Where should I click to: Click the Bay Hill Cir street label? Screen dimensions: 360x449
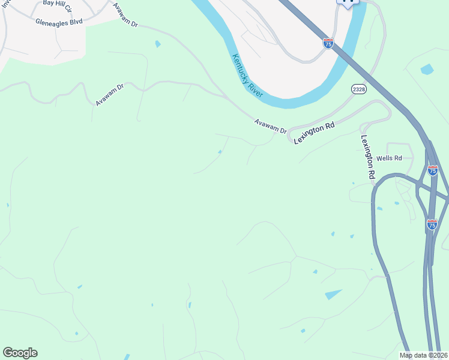pyautogui.click(x=58, y=7)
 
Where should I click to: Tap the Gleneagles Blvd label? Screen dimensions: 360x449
pyautogui.click(x=59, y=23)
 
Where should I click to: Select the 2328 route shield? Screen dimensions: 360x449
pyautogui.click(x=359, y=89)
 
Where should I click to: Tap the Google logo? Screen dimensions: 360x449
pyautogui.click(x=20, y=353)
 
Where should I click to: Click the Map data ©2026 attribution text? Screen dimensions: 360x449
pyautogui.click(x=424, y=355)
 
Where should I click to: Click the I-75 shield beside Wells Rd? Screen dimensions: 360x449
pyautogui.click(x=433, y=170)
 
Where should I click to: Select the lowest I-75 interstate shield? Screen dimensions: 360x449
pyautogui.click(x=432, y=224)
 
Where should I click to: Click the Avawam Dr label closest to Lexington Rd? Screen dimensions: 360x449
pyautogui.click(x=270, y=127)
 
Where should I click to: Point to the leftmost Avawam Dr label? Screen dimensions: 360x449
pyautogui.click(x=109, y=95)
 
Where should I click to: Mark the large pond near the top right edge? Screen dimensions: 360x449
pyautogui.click(x=427, y=70)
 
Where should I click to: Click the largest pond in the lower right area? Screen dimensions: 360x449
pyautogui.click(x=334, y=294)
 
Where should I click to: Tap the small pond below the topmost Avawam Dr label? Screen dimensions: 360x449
pyautogui.click(x=157, y=44)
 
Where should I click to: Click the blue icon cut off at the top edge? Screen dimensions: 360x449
pyautogui.click(x=348, y=2)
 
